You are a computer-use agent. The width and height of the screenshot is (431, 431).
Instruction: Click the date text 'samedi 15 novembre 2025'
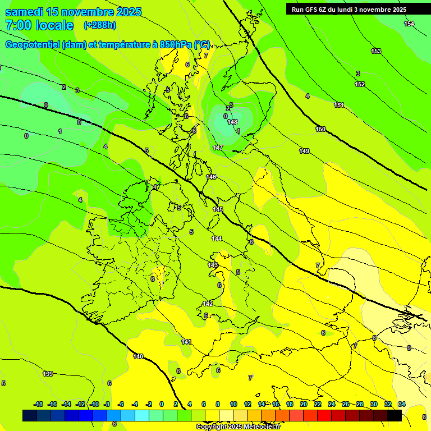(73, 12)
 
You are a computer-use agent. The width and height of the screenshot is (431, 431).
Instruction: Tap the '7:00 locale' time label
(39, 25)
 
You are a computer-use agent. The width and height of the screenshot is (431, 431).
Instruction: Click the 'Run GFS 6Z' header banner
(349, 10)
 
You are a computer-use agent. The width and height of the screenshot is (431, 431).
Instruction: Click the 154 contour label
(409, 24)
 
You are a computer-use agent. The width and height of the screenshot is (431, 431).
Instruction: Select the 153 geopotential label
(375, 52)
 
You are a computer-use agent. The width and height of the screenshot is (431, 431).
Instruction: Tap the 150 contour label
(320, 130)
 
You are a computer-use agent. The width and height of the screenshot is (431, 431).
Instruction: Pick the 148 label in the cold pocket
(232, 122)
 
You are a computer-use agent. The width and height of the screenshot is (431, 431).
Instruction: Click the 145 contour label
(218, 209)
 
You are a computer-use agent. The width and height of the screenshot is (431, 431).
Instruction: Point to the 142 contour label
(208, 304)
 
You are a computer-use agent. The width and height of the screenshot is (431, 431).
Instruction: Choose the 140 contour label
(138, 356)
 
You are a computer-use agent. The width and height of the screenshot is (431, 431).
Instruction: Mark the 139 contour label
(48, 374)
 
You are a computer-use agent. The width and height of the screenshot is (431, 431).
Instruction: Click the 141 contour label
(186, 342)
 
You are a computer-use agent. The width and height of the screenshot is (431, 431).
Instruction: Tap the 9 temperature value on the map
(409, 348)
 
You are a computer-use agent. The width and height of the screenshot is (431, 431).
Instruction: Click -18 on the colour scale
(39, 404)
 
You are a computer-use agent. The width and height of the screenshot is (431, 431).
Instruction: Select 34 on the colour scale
(402, 404)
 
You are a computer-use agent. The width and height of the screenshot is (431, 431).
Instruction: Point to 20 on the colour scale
(304, 404)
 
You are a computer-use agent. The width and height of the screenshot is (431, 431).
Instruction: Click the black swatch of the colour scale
(395, 415)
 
